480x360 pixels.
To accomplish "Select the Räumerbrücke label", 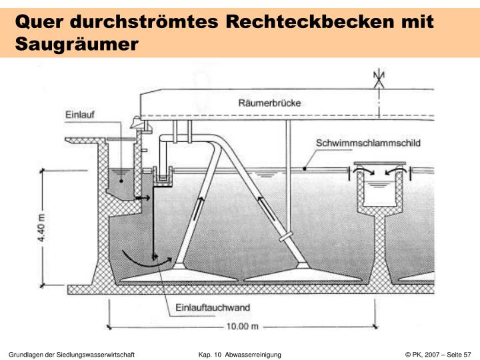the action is click(x=269, y=103).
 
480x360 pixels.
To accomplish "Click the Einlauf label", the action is click(x=79, y=115).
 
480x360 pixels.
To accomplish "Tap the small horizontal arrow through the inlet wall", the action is click(x=143, y=198).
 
